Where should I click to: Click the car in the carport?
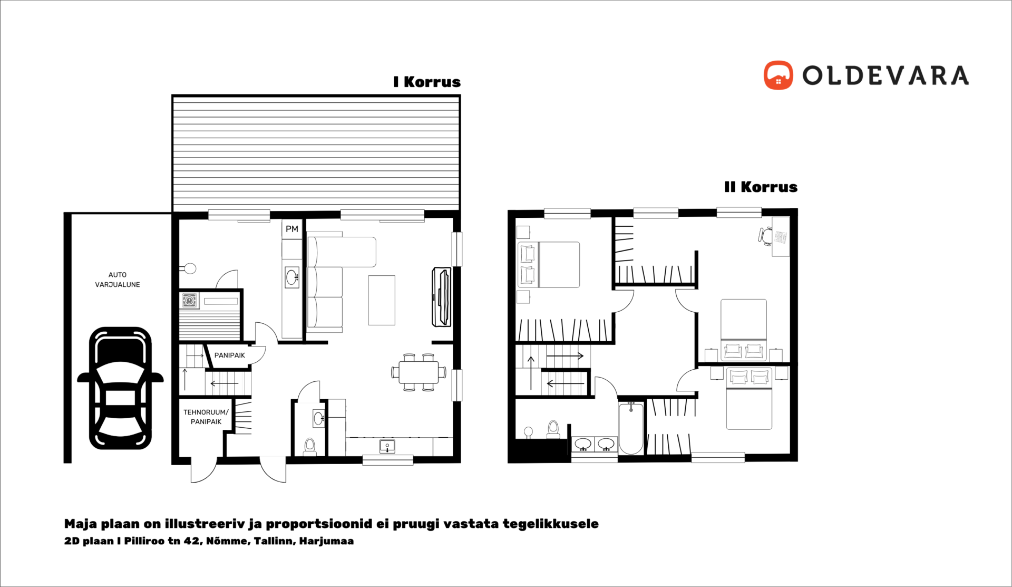point(120,388)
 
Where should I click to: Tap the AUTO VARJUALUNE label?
point(118,280)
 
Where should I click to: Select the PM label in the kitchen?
point(292,229)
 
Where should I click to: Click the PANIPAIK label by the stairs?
point(229,355)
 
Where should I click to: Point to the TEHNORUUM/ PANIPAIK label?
point(206,417)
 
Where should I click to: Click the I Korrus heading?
point(427,82)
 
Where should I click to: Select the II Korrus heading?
point(761,187)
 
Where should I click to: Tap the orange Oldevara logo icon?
point(778,75)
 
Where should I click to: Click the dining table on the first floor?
point(419,372)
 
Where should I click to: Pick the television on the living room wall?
point(441,296)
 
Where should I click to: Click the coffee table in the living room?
point(382,300)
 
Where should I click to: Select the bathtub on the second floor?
point(631,428)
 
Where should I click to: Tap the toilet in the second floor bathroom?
point(553,429)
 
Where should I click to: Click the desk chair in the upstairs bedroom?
point(765,236)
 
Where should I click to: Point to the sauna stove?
point(190,300)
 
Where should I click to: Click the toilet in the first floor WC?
point(310,446)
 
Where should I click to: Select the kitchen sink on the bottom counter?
point(387,446)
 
